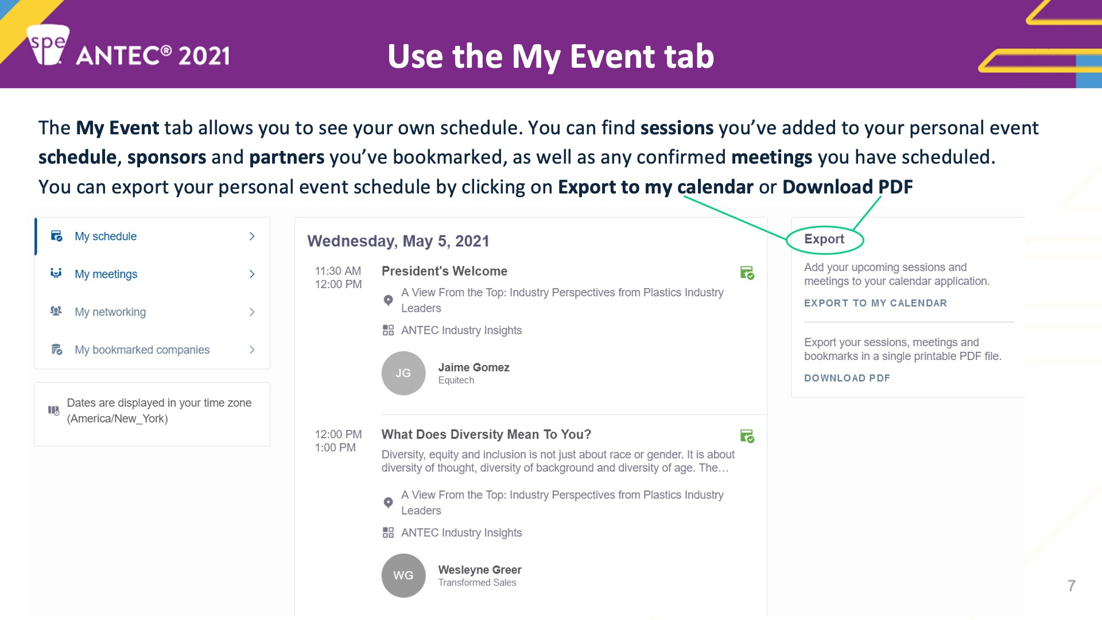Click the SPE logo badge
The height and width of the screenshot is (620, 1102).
[x=48, y=45]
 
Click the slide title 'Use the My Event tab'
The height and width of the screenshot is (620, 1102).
[x=550, y=56]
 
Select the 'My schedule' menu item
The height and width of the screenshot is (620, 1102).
[x=106, y=237]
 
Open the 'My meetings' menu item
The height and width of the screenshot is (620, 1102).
[x=106, y=274]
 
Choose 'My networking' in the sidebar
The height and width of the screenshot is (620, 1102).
[x=110, y=312]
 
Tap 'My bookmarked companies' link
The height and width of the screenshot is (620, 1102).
[x=142, y=350]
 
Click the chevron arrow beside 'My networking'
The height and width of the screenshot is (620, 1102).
[x=252, y=312]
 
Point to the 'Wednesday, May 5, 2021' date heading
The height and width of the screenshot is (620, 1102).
[x=398, y=241]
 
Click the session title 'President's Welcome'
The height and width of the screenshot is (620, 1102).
[x=444, y=271]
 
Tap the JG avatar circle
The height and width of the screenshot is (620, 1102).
[x=403, y=373]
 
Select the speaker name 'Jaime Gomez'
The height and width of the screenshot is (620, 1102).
[x=474, y=367]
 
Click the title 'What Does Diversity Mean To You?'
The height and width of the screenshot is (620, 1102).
[x=486, y=435]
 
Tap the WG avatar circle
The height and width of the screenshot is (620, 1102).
[x=403, y=575]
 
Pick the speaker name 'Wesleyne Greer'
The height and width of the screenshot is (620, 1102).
[x=480, y=569]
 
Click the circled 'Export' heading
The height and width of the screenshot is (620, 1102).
[x=824, y=239]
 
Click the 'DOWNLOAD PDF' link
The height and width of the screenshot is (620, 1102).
[x=847, y=378]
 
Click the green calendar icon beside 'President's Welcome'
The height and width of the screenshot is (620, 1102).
[x=747, y=273]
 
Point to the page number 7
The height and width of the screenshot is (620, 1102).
[x=1072, y=586]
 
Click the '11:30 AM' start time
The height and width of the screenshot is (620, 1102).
[x=338, y=271]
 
